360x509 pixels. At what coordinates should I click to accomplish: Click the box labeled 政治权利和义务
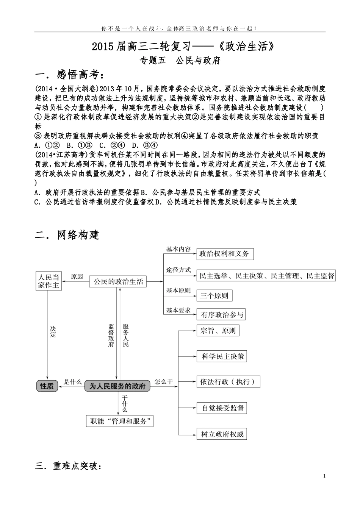224,254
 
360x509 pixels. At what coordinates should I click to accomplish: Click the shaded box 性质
47,386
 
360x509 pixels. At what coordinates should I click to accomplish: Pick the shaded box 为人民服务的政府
117,386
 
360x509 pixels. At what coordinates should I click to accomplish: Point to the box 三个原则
214,295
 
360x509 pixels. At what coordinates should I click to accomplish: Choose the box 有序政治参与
222,314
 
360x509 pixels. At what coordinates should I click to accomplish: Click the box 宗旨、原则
218,331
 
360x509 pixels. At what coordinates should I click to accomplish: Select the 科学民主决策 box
223,356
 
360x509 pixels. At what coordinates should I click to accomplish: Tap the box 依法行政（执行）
228,381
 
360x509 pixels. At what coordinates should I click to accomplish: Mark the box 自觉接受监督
222,408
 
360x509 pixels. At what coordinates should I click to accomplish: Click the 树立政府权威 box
222,434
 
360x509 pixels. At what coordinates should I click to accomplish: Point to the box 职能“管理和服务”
120,421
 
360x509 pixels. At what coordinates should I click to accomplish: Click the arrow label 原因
77,277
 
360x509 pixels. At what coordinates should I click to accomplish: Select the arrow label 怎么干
164,381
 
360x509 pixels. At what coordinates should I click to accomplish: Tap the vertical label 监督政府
111,336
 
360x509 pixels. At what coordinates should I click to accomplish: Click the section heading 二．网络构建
67,235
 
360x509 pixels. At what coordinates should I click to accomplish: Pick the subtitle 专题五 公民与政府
180,61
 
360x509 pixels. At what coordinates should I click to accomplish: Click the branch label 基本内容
178,249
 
